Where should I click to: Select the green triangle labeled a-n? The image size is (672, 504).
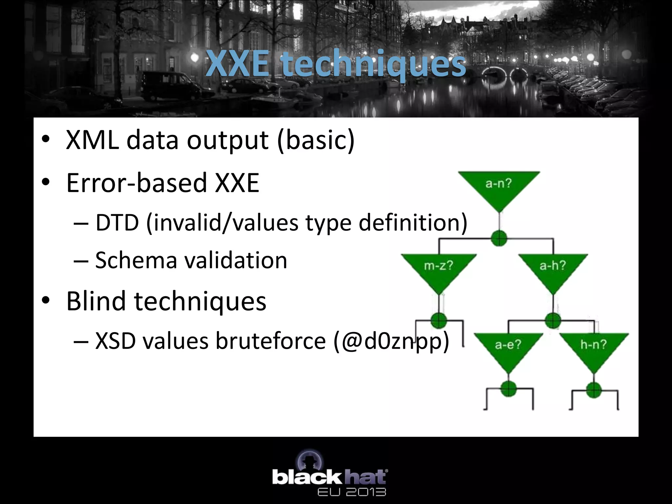tap(499, 187)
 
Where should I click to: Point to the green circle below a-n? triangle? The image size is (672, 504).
tap(499, 238)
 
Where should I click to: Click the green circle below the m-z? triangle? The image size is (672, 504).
tap(439, 320)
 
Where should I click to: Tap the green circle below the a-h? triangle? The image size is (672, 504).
tap(553, 320)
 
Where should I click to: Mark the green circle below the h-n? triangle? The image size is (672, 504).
tap(594, 390)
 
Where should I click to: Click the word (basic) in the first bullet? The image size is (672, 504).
tap(316, 140)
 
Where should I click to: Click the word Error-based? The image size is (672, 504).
tap(136, 183)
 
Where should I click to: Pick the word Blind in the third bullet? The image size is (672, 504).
tap(96, 301)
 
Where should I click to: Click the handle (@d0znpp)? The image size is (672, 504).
tap(390, 341)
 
